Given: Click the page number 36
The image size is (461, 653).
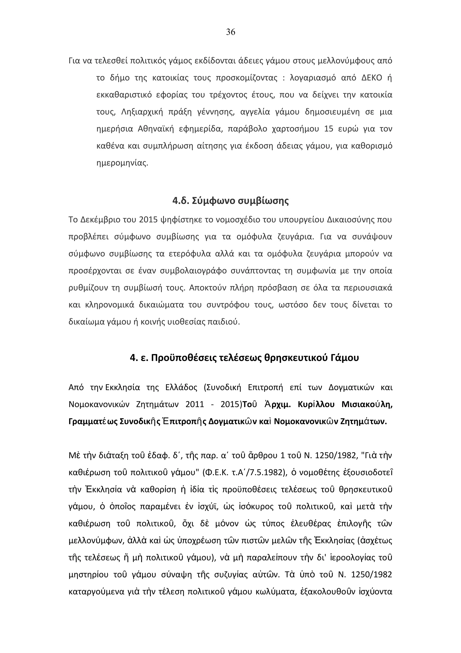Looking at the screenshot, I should point(230,32).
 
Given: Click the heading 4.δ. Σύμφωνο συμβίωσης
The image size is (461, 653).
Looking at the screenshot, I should point(230,201).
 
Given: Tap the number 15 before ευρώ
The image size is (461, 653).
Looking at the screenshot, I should point(328,129).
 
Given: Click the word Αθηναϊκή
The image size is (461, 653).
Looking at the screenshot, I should point(156,129).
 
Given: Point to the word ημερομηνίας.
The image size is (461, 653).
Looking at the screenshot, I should point(122,163).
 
